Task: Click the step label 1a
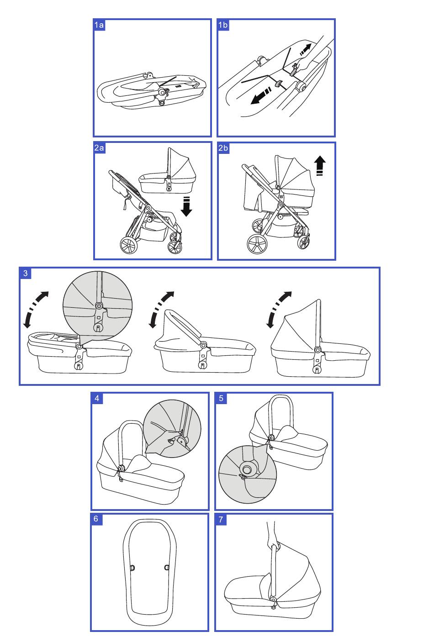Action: point(99,25)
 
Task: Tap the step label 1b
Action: point(223,25)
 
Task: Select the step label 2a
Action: point(100,148)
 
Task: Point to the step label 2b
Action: point(223,148)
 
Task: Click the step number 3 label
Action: point(26,274)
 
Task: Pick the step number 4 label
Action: point(97,398)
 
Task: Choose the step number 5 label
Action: point(221,398)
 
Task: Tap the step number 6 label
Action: point(96,519)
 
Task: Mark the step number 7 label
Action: point(221,520)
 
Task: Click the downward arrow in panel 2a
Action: point(186,206)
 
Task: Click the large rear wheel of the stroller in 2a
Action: point(129,246)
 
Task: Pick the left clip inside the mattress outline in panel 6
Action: point(133,568)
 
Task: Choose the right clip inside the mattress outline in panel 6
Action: point(167,568)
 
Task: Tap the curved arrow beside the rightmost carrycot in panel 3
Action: point(278,308)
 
